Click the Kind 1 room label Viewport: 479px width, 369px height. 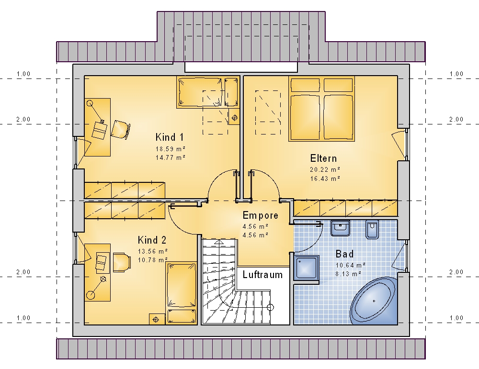click(170, 137)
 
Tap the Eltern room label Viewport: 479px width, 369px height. click(323, 158)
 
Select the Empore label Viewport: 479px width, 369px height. click(260, 215)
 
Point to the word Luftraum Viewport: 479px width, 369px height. click(262, 275)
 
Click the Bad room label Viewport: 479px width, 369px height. click(344, 254)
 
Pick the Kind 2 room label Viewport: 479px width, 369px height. click(152, 240)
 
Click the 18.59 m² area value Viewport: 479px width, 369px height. click(171, 149)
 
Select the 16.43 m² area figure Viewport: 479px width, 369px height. click(325, 179)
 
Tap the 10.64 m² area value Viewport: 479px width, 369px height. click(351, 265)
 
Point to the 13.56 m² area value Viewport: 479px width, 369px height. click(153, 251)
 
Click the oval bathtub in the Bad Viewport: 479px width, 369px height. click(374, 301)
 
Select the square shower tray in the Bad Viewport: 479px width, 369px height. click(307, 268)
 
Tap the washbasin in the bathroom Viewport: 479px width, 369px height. click(340, 228)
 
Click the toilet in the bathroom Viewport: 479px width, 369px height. click(372, 229)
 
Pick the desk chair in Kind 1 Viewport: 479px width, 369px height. click(120, 130)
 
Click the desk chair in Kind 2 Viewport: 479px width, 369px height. click(122, 262)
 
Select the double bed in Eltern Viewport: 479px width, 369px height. click(322, 109)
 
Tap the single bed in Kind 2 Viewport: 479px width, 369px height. click(181, 293)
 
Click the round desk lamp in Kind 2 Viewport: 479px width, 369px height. click(91, 295)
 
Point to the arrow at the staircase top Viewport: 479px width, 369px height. click(219, 242)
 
